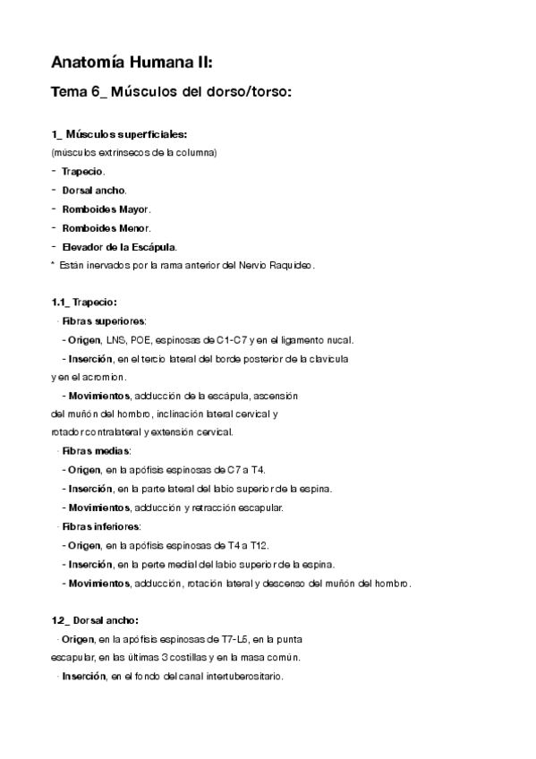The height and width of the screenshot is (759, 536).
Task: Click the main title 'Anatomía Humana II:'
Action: point(132,63)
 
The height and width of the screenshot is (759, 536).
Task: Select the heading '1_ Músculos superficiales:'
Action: point(119,134)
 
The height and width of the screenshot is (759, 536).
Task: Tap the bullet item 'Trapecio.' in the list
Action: point(83,171)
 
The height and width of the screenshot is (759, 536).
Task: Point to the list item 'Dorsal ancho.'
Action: point(94,190)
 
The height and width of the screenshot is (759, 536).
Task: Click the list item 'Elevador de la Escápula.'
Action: point(120,246)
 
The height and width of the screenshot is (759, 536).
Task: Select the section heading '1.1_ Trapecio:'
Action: point(84,302)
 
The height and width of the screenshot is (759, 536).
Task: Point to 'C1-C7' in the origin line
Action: point(232,339)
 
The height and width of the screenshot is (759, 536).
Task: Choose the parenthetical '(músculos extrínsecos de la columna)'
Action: point(133,152)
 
